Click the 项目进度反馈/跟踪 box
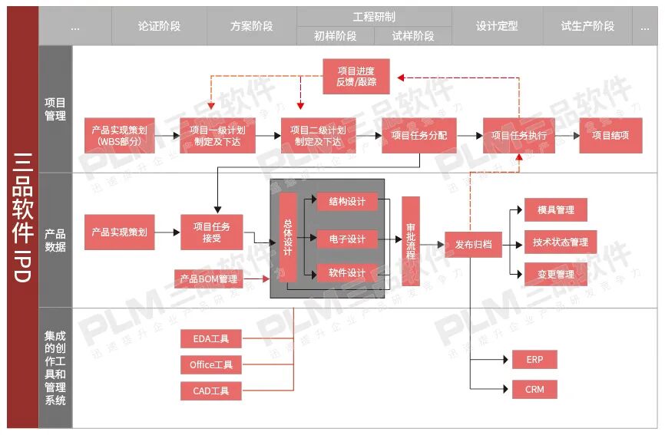tap(356, 76)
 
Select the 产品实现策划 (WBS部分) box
tap(119, 135)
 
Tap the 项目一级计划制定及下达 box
tap(218, 135)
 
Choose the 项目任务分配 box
tap(419, 135)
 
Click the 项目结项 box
tap(610, 135)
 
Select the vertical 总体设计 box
tap(288, 237)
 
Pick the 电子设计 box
tap(347, 239)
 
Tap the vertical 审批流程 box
tap(411, 240)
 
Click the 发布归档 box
tap(473, 245)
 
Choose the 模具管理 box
tap(555, 209)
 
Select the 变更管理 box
tap(555, 274)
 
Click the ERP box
tap(534, 359)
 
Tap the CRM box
tap(534, 389)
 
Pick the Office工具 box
tap(211, 364)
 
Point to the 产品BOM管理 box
tap(207, 278)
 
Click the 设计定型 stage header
tap(497, 26)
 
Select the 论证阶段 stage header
tap(159, 26)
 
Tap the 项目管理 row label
tap(55, 109)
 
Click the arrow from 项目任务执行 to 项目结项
tap(567, 135)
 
